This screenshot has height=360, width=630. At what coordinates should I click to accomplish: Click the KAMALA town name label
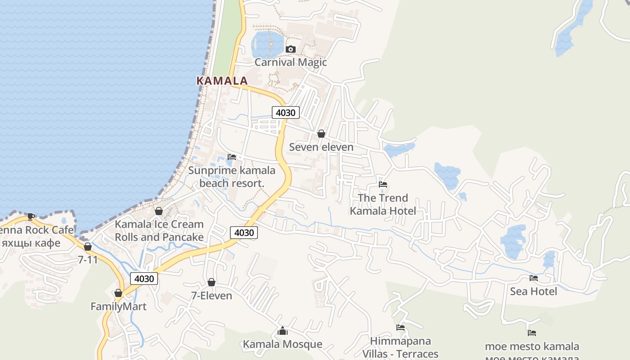[222, 81]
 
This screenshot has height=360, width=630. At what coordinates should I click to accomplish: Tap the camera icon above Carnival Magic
[291, 49]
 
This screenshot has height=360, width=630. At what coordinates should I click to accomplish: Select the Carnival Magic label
[291, 62]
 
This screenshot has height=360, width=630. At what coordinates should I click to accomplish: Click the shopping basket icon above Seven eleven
[321, 134]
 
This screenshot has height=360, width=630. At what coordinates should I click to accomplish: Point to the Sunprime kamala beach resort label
[231, 177]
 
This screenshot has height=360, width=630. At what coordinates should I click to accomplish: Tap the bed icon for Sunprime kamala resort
[232, 157]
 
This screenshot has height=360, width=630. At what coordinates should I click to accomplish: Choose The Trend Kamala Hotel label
[383, 204]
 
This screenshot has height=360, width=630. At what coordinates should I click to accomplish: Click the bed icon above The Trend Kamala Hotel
[383, 184]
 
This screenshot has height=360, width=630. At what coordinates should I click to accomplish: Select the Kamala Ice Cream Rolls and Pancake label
[159, 230]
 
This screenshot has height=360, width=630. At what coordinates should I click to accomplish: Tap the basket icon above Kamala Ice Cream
[159, 211]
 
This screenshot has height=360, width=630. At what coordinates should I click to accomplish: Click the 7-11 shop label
[88, 260]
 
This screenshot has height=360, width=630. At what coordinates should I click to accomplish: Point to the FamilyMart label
[118, 306]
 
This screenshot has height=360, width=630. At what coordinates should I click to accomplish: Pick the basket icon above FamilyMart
[118, 293]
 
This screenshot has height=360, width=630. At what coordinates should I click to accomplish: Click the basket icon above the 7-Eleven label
[211, 282]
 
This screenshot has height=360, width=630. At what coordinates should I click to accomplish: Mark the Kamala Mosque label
[283, 344]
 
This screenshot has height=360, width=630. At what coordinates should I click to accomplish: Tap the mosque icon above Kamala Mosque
[283, 331]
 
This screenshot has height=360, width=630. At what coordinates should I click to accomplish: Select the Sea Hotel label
[533, 292]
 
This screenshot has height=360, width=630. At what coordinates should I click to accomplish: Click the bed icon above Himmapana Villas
[400, 328]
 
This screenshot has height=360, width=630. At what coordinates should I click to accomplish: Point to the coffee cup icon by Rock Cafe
[31, 216]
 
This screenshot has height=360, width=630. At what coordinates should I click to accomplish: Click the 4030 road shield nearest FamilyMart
[144, 279]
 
